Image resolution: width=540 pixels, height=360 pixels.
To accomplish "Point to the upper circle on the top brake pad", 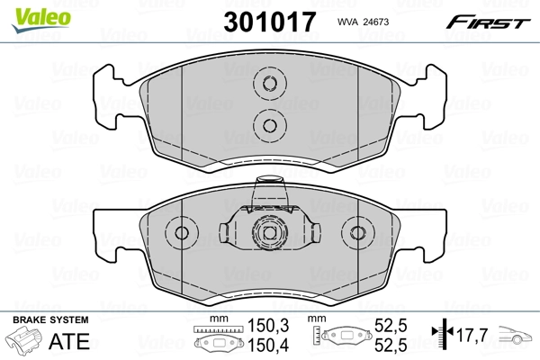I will point(267,86).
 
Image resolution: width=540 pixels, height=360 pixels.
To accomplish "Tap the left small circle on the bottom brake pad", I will point(183,234).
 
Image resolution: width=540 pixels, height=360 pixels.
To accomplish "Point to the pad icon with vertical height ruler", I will point(344,338).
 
